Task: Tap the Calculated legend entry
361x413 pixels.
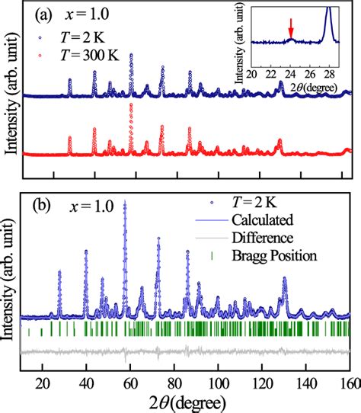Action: point(256,221)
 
